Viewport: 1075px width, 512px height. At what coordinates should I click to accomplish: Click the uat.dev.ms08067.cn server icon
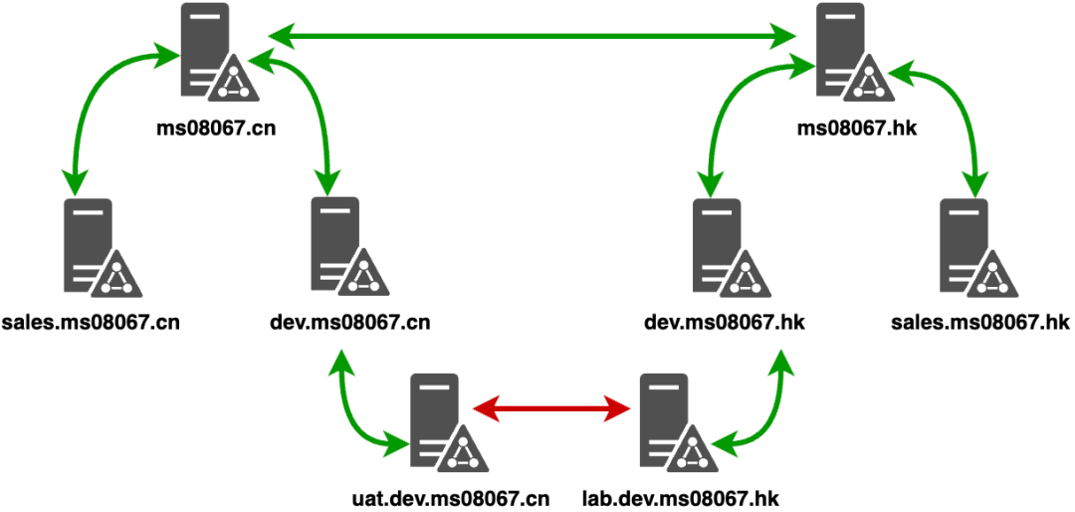point(441,422)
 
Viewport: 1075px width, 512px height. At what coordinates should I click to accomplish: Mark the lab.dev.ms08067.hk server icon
point(673,422)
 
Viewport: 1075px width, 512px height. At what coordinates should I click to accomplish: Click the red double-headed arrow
point(552,407)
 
